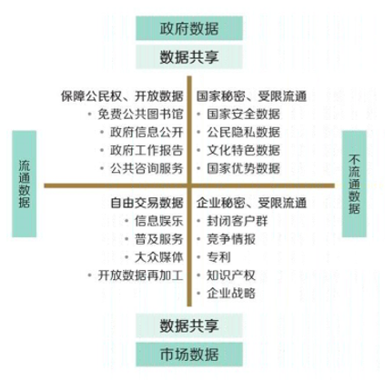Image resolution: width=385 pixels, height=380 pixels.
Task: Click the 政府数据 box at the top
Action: tap(189, 28)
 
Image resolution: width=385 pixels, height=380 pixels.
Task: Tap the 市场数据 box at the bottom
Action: tap(189, 355)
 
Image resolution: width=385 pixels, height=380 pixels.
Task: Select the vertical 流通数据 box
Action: tap(24, 184)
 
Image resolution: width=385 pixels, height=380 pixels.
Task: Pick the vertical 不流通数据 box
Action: tap(354, 184)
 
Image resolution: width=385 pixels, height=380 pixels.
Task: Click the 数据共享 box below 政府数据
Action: tap(189, 57)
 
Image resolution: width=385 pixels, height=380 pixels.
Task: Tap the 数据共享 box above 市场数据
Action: tap(189, 325)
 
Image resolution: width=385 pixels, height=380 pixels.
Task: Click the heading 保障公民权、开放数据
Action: tap(122, 96)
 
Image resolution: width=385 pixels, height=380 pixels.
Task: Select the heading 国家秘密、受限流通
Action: tap(251, 96)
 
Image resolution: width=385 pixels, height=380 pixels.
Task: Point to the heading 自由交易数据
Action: tap(147, 203)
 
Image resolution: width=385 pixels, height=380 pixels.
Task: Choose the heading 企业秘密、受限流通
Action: tap(251, 203)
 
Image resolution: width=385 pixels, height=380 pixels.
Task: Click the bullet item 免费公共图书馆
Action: tap(140, 114)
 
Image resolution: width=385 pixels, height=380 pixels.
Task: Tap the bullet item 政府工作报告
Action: tap(147, 150)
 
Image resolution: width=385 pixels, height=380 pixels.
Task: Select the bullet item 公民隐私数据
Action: tap(243, 132)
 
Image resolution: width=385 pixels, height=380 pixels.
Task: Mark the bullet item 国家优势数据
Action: tap(243, 168)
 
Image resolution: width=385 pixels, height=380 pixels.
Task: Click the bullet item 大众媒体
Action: tap(159, 257)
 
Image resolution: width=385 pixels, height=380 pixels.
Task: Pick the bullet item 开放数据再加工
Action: tap(140, 275)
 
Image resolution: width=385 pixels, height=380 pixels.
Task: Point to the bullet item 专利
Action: tap(218, 257)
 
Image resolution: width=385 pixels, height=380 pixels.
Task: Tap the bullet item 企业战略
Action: tap(231, 294)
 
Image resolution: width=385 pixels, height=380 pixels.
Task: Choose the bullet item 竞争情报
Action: tap(231, 239)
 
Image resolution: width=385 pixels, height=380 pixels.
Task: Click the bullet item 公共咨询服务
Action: tap(147, 168)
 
